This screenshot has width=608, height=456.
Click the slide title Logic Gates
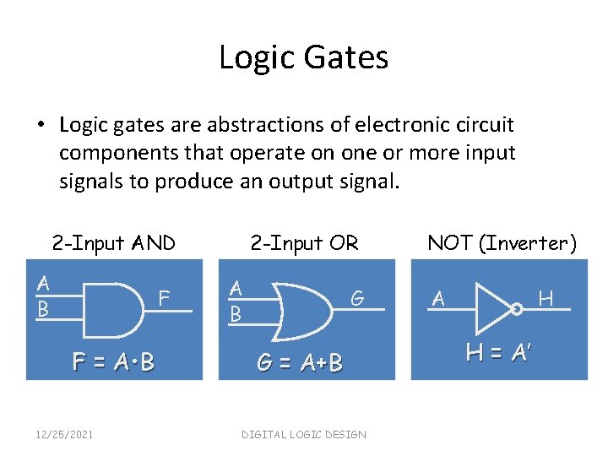point(303,57)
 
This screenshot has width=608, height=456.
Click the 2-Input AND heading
point(113,243)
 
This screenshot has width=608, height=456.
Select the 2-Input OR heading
point(304,243)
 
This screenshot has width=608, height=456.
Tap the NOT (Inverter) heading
point(502,243)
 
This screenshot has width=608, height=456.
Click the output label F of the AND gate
point(166,298)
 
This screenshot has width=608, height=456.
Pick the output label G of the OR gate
point(357,297)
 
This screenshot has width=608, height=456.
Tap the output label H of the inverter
point(546,297)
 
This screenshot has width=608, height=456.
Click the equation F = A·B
point(113,362)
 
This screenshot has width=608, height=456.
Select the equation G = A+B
point(300,363)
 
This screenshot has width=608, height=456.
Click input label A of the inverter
point(437,298)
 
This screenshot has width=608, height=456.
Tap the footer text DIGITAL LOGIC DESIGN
point(303,434)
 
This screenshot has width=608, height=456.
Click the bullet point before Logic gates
point(41,126)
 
